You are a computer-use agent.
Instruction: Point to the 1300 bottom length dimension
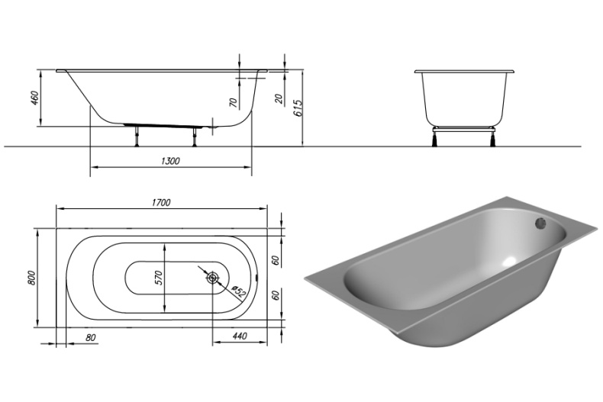click(172, 161)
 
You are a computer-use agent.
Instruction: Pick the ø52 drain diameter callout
click(237, 292)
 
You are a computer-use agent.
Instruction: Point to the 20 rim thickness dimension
click(278, 98)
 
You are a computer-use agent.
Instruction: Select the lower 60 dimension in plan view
click(276, 295)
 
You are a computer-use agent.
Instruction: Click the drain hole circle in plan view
click(214, 278)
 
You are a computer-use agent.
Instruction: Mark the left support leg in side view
click(137, 135)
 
